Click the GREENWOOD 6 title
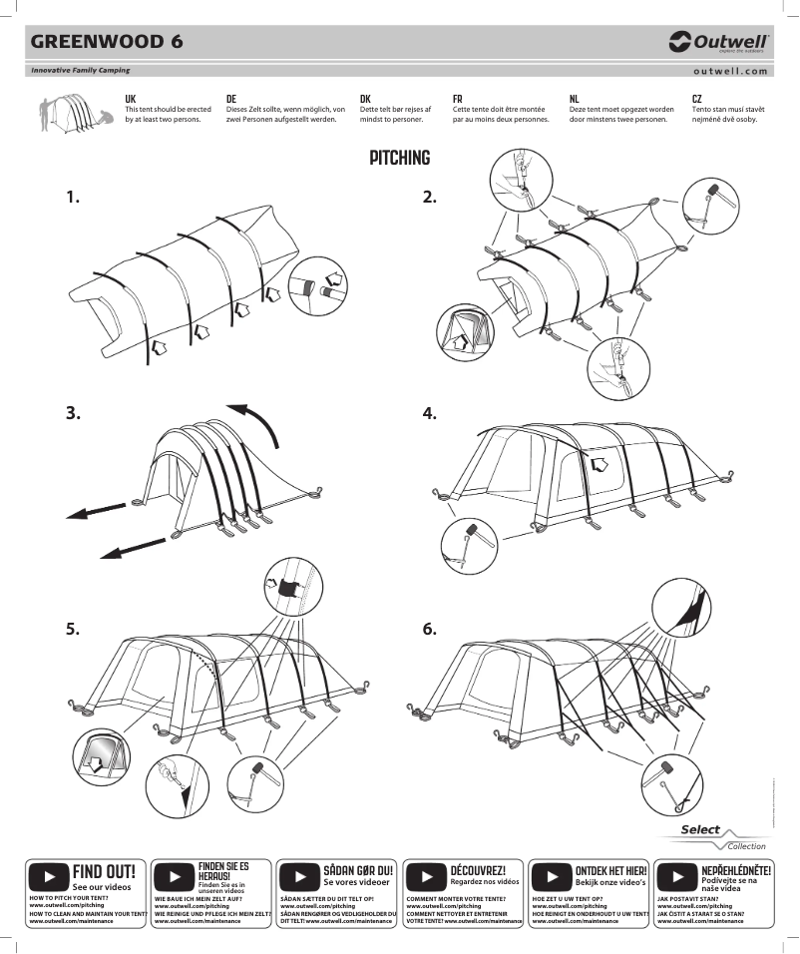coord(106,42)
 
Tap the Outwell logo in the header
coord(718,42)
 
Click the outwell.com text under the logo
coord(730,71)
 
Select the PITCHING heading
coord(399,158)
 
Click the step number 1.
coord(73,197)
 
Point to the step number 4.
coord(430,413)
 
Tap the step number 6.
coord(430,629)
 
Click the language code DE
coord(231,99)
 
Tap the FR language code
coord(457,99)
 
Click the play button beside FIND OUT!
coord(48,877)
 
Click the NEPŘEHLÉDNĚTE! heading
coord(736,870)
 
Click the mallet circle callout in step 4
coord(467,542)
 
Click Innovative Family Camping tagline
coord(80,71)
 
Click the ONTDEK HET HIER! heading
coord(611,870)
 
